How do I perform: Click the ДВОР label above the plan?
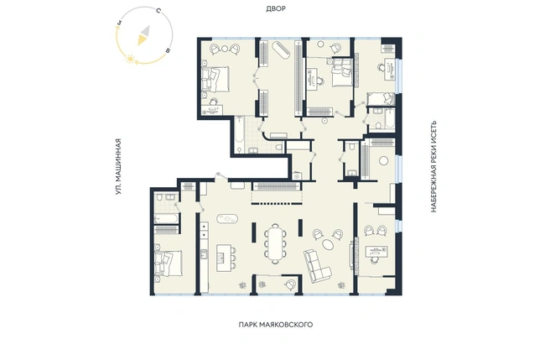[x=276, y=8]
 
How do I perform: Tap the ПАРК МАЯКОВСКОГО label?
[x=276, y=325]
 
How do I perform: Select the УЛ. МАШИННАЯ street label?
[x=118, y=167]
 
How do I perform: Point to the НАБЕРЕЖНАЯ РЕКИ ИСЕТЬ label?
[x=433, y=166]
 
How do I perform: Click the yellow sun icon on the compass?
[x=131, y=59]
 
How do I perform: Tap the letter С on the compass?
[x=158, y=11]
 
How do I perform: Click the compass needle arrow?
[x=143, y=35]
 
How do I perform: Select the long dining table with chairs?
[x=275, y=243]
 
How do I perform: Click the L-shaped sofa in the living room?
[x=317, y=265]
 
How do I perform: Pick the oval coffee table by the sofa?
[x=328, y=244]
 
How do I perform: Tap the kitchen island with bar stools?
[x=226, y=258]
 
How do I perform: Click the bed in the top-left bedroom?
[x=215, y=80]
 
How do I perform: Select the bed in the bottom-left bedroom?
[x=169, y=263]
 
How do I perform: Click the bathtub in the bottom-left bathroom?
[x=166, y=219]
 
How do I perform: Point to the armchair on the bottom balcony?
[x=290, y=284]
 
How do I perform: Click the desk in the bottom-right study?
[x=376, y=252]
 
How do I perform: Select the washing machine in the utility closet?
[x=297, y=176]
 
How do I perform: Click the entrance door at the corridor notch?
[x=221, y=176]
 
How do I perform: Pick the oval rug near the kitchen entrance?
[x=227, y=219]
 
